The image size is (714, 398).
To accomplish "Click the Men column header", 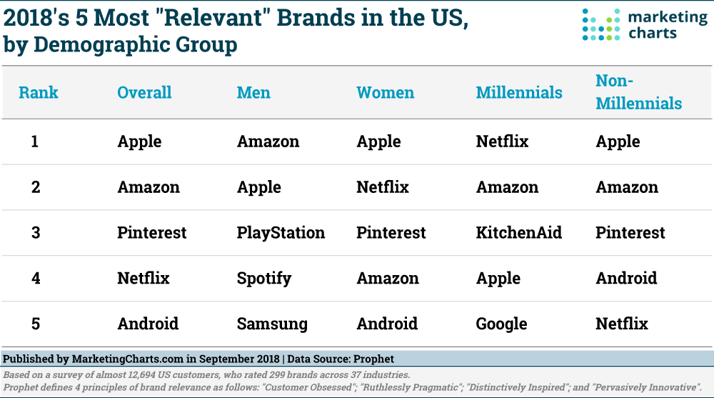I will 253,93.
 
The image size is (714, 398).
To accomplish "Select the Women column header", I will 385,93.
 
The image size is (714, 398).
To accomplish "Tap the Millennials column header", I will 519,93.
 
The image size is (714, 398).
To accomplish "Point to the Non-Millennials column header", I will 638,93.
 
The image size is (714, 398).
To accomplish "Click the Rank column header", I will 39,93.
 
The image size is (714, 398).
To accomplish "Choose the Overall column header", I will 144,93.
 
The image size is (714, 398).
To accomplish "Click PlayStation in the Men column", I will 281,233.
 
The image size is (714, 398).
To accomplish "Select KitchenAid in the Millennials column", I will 519,233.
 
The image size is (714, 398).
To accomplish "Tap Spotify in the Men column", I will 264,279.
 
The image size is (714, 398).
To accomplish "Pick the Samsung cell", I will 272,324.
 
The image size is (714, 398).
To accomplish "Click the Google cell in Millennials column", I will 501,324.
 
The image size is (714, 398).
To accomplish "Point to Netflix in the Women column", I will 383,187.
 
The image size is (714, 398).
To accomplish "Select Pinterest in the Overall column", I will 152,233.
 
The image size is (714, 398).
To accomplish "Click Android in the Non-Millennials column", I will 626,279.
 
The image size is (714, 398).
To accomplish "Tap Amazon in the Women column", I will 388,279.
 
